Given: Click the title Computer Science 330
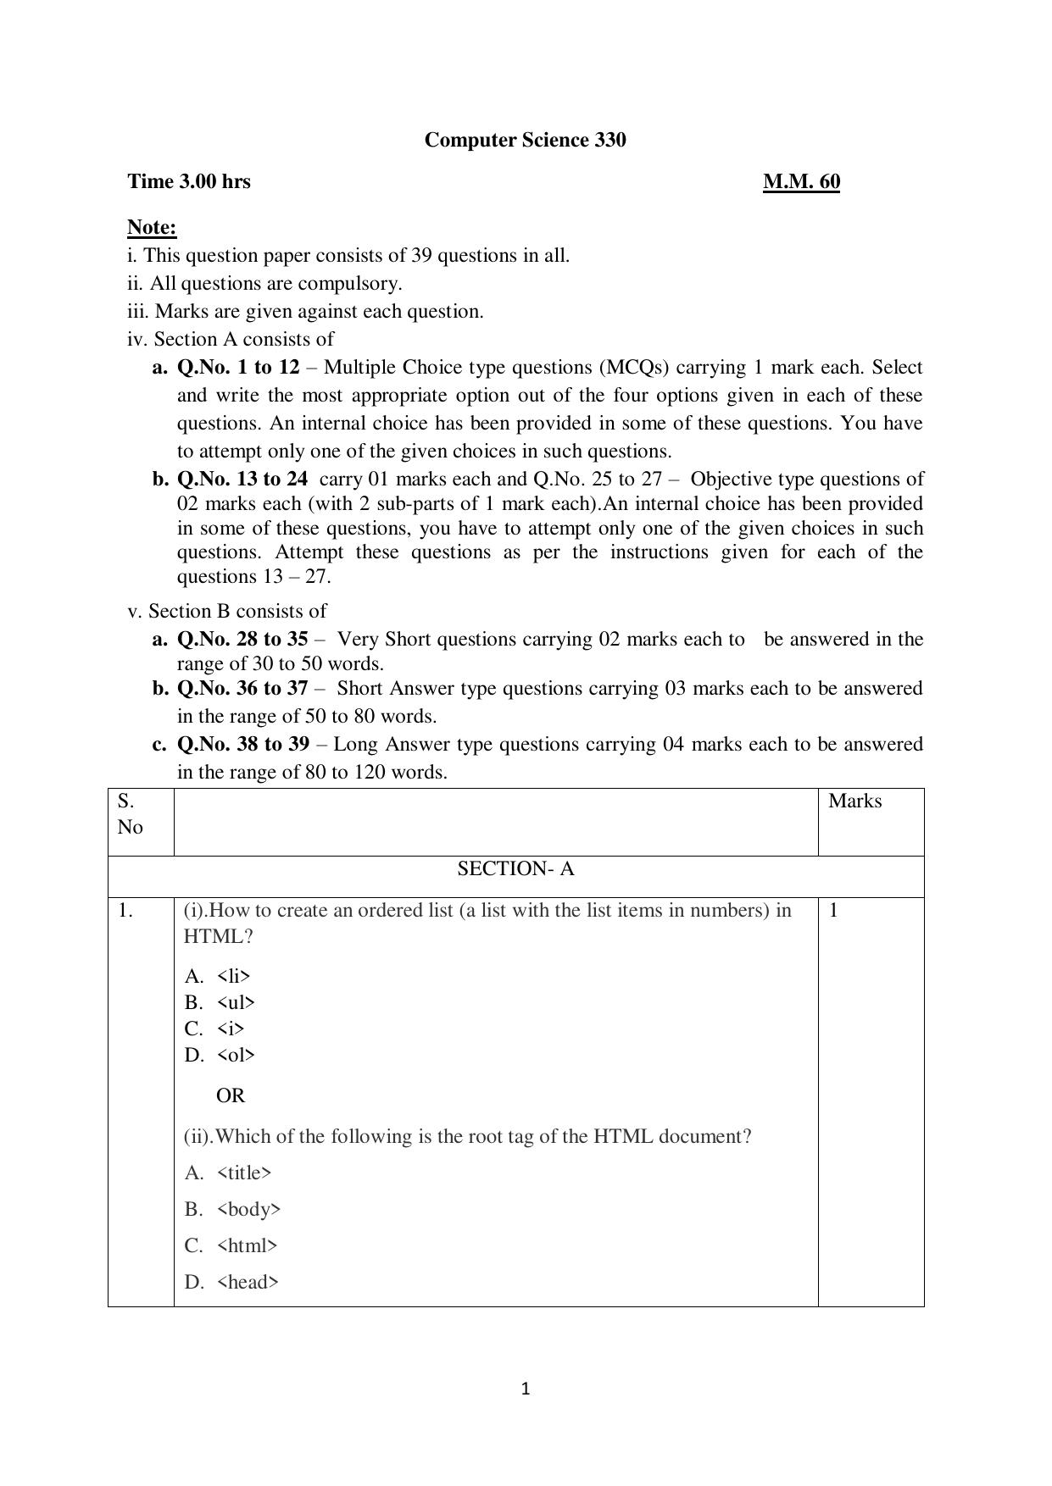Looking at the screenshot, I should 525,140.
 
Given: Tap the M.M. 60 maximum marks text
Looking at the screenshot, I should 801,181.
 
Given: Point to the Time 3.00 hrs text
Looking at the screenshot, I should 189,181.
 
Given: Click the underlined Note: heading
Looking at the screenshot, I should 152,227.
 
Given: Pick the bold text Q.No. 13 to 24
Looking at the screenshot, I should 242,479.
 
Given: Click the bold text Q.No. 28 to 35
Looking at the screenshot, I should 242,639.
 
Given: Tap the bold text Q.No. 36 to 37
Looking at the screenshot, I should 242,688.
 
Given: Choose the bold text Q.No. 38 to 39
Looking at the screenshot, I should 242,744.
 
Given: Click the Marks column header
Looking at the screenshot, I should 854,801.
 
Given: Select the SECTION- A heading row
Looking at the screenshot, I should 515,869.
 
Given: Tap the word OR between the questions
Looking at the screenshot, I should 231,1095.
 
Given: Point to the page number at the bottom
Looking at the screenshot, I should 526,1389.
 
